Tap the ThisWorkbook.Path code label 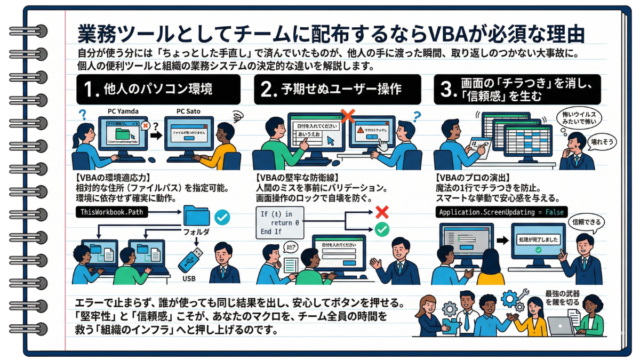point(113,212)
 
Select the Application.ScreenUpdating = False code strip point(502,212)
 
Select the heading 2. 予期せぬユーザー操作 point(337,89)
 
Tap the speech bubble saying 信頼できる point(588,221)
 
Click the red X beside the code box point(382,212)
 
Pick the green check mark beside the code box point(382,229)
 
